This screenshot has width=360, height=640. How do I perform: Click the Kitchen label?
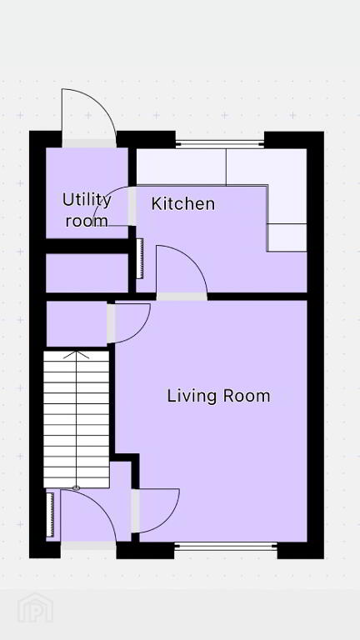click(x=182, y=203)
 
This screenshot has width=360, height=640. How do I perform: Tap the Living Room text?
click(x=219, y=396)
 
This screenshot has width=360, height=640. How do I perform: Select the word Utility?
click(x=87, y=201)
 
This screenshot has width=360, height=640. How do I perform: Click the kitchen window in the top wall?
click(x=220, y=143)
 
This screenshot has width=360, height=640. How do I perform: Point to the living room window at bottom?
click(x=226, y=546)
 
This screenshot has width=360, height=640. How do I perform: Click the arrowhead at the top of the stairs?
click(x=76, y=354)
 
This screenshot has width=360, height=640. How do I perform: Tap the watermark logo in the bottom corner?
click(x=35, y=608)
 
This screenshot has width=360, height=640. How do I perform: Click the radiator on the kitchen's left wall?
click(x=140, y=259)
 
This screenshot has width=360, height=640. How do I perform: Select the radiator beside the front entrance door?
click(x=50, y=514)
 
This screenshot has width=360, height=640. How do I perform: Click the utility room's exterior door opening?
click(x=89, y=143)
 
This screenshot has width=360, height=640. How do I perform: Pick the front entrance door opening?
click(x=88, y=546)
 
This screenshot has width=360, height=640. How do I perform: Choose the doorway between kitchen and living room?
click(x=182, y=297)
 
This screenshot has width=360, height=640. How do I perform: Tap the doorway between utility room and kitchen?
click(x=132, y=207)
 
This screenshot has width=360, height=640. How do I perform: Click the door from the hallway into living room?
click(x=135, y=511)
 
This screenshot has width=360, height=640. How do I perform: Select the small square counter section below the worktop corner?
click(x=287, y=237)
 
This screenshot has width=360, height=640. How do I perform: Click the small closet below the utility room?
click(x=87, y=273)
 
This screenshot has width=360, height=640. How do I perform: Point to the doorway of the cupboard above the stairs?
click(x=111, y=323)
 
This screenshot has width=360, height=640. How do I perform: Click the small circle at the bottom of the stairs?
click(x=76, y=487)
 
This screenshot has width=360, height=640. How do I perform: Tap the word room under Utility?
click(x=87, y=221)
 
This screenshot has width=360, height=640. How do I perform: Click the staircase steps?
click(x=77, y=419)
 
